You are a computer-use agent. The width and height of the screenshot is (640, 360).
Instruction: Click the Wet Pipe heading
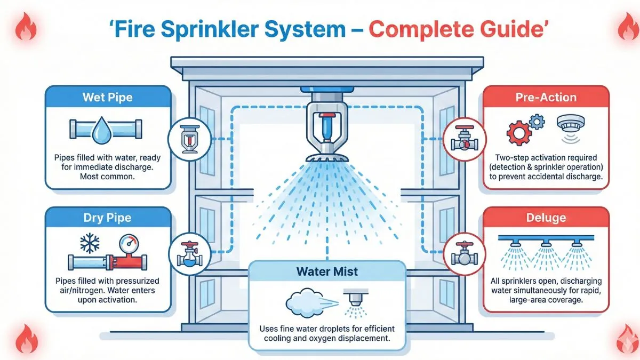[x=108, y=98]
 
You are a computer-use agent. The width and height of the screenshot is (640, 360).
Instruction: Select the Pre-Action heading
[x=546, y=98]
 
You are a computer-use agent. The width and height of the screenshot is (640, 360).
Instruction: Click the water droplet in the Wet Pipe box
[x=100, y=130]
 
